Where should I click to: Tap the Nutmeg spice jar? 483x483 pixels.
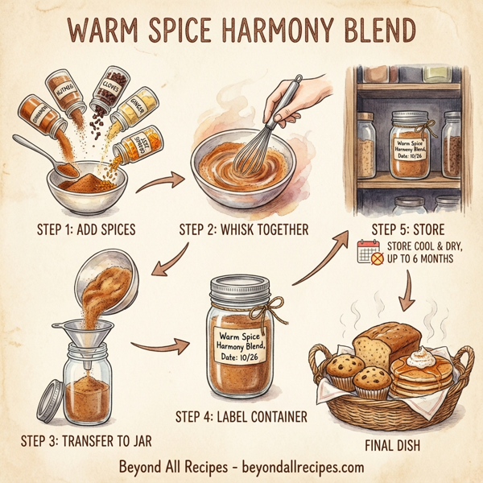tap(66, 93)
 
